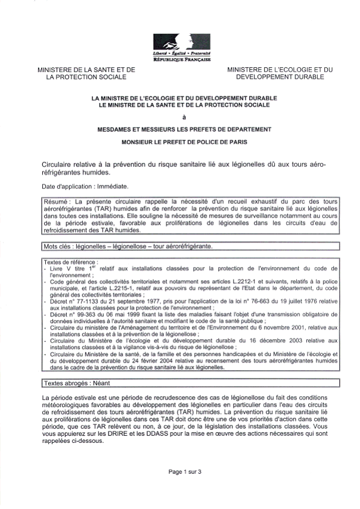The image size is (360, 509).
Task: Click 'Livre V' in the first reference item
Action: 60,268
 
